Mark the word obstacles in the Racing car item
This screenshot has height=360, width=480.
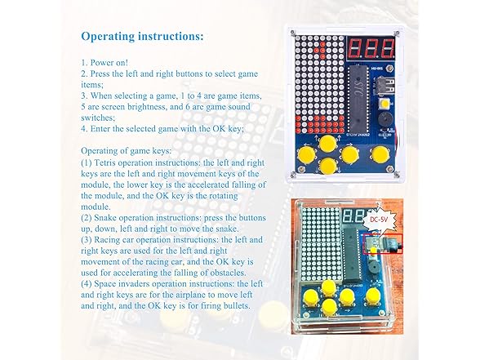pyautogui.click(x=228, y=273)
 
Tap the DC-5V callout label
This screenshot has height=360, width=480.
pyautogui.click(x=379, y=219)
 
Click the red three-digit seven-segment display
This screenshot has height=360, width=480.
pyautogui.click(x=371, y=48)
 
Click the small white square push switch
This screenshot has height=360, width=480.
pyautogui.click(x=384, y=104)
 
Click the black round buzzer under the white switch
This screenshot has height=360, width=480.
pyautogui.click(x=384, y=119)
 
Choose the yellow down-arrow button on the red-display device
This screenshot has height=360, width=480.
pyautogui.click(x=328, y=166)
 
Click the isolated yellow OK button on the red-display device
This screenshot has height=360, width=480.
pyautogui.click(x=380, y=154)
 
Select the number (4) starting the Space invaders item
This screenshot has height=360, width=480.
pyautogui.click(x=87, y=284)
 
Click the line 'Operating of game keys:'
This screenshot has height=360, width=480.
pyautogui.click(x=126, y=151)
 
